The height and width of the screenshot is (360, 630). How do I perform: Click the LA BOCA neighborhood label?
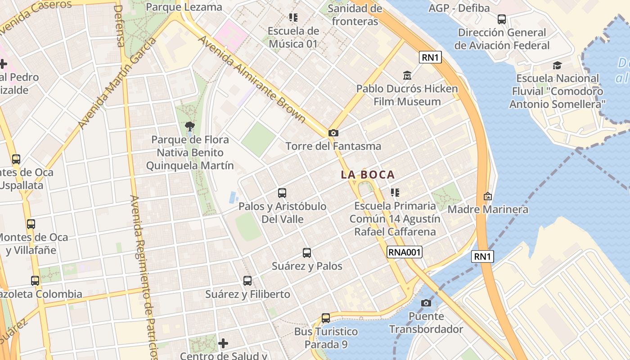(368, 175)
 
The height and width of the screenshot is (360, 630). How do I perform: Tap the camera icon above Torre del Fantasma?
(333, 133)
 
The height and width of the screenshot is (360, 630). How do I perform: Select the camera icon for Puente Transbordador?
(426, 303)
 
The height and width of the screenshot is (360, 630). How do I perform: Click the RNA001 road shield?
(405, 252)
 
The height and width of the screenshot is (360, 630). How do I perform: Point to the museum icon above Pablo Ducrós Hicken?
(407, 75)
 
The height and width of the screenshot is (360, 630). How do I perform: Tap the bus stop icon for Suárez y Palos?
(307, 253)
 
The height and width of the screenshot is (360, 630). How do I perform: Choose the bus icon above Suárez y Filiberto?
(247, 281)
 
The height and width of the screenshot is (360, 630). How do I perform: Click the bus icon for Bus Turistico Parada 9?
(326, 318)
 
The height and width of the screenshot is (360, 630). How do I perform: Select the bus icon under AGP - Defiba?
(502, 19)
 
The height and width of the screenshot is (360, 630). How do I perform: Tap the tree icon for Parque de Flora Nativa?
(190, 126)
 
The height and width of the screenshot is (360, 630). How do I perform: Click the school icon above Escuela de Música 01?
(293, 18)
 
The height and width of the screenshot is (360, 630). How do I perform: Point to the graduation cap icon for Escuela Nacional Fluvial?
(558, 65)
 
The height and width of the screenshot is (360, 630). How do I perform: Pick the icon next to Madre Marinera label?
(487, 196)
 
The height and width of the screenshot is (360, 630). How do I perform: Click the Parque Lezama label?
(184, 7)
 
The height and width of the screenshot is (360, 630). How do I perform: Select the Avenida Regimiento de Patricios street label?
(144, 274)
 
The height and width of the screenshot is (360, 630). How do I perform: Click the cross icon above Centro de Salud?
(223, 344)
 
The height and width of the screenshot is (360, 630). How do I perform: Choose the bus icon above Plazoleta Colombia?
(35, 281)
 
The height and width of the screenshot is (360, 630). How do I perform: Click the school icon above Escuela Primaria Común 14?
(395, 193)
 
